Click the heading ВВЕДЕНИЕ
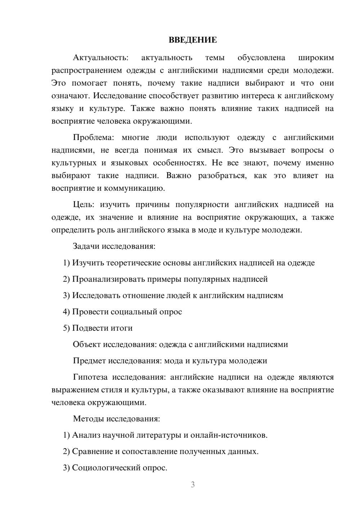point(193,40)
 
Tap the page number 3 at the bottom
point(193,485)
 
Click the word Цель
point(83,205)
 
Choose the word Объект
point(87,344)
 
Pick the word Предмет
point(89,361)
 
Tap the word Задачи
point(86,247)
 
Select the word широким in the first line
point(316,58)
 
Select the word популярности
point(202,205)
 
